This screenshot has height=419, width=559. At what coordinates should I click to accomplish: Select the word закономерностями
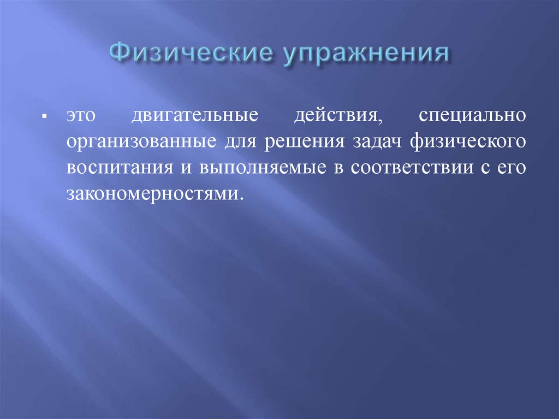click(152, 193)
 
